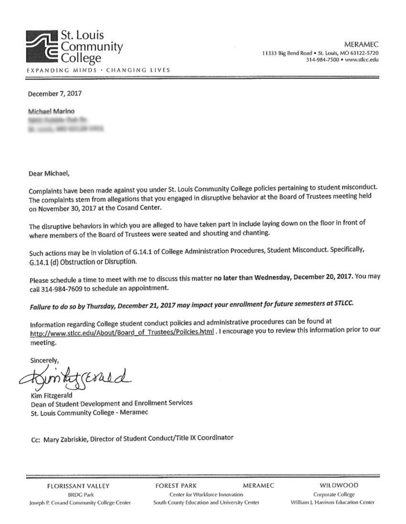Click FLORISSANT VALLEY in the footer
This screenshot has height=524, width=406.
78,486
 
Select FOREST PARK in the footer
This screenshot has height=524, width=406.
176,486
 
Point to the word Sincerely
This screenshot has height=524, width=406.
44,360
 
